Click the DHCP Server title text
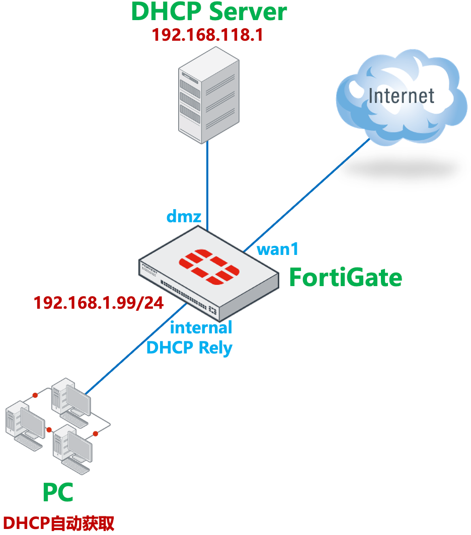(x=209, y=12)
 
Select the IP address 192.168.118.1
(x=208, y=35)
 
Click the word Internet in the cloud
(x=401, y=96)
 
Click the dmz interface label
(x=184, y=217)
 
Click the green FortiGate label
(x=345, y=277)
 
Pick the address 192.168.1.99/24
(x=98, y=303)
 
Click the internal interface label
(x=201, y=327)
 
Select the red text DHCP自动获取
(x=58, y=523)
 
